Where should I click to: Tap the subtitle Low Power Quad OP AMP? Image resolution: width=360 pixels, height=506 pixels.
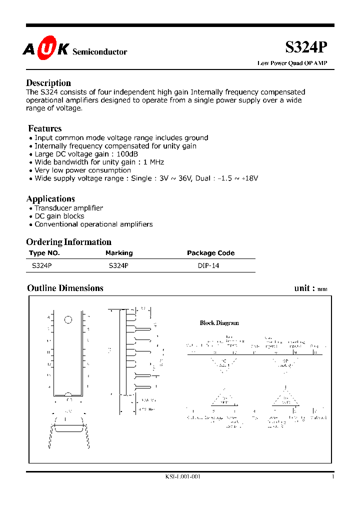point(292,63)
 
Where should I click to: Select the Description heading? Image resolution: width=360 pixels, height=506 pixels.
point(48,83)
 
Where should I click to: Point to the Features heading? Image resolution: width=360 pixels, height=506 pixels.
point(45,128)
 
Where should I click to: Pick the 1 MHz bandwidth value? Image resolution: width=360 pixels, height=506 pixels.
point(153,162)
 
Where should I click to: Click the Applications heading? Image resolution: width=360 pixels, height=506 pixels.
point(50,198)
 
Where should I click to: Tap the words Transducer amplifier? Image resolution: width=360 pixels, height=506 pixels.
point(68,208)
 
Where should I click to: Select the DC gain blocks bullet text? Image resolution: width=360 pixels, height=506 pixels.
point(59,216)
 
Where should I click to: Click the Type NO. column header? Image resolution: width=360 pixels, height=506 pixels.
point(44,253)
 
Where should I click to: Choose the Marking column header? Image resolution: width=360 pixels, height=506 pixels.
point(119,253)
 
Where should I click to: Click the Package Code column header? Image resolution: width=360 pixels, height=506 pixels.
point(210,253)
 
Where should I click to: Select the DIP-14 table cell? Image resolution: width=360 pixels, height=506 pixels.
point(208,266)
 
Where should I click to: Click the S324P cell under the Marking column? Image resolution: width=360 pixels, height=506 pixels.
point(118,266)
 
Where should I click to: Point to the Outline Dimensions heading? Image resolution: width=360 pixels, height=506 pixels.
point(65,288)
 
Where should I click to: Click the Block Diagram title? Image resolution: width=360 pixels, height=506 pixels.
point(219,323)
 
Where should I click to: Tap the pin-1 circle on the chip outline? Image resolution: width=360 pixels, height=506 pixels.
point(68,319)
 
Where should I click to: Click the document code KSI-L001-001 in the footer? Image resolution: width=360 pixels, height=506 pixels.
point(182,477)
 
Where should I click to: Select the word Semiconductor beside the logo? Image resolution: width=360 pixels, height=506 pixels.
point(100,52)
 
